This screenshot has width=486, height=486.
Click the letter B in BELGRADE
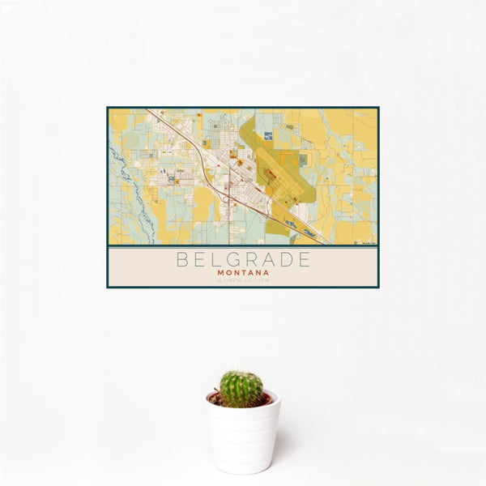[x=180, y=260]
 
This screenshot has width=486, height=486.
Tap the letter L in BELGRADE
[x=213, y=260]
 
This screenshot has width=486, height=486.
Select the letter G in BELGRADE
[x=230, y=260]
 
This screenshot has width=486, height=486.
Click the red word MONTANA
[x=243, y=273]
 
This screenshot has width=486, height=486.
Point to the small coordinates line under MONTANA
[x=243, y=281]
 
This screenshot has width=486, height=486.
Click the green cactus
[x=241, y=389]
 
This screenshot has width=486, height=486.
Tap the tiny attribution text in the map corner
[x=369, y=242]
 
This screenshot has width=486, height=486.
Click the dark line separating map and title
[x=243, y=246]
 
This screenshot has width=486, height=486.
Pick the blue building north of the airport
[x=303, y=160]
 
